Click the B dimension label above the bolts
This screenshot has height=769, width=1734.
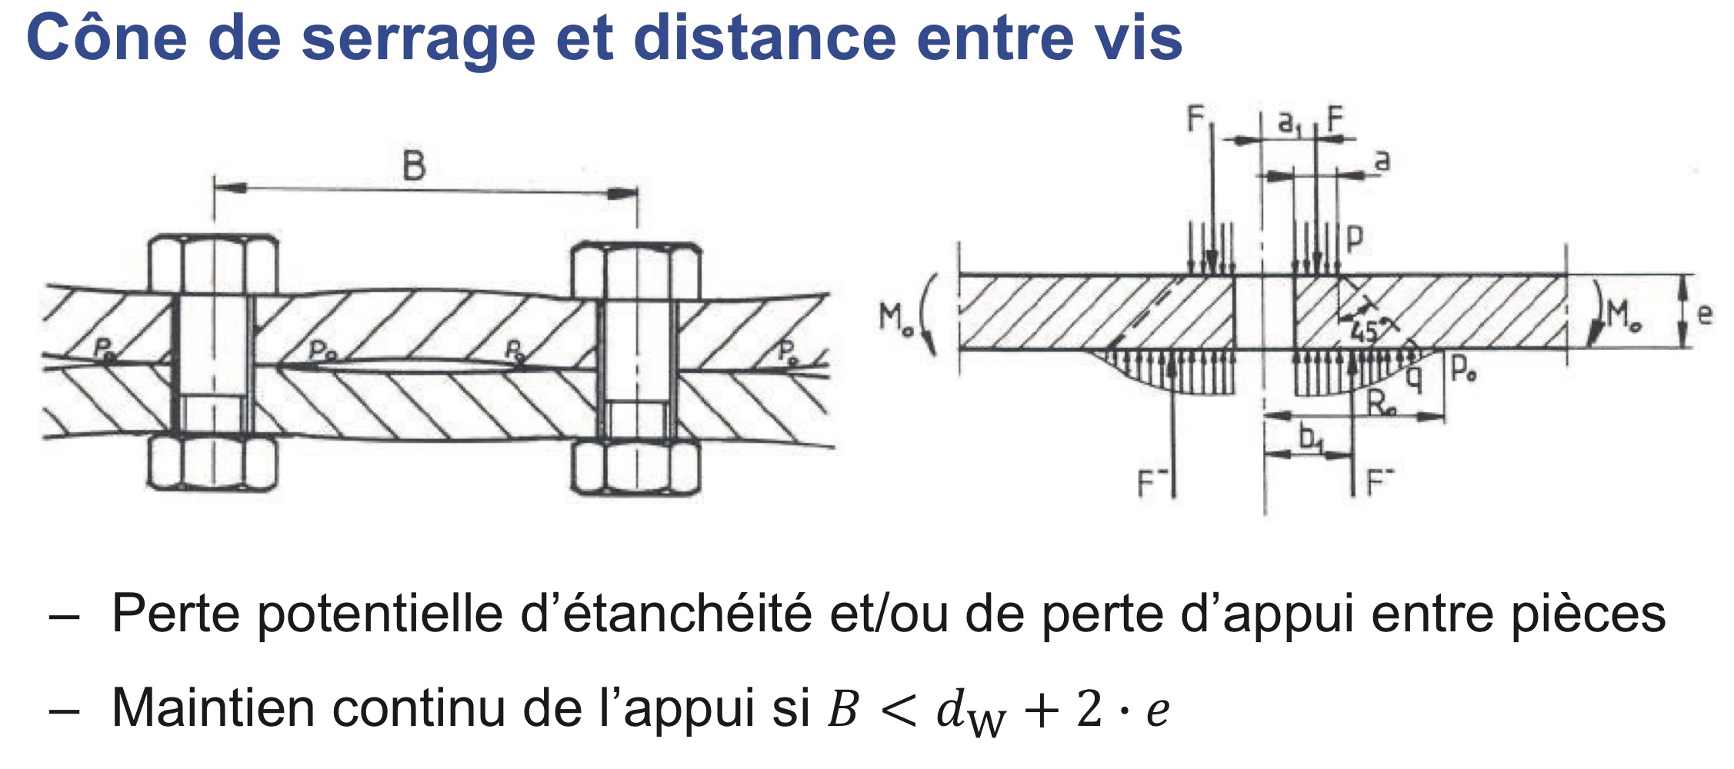coord(414,165)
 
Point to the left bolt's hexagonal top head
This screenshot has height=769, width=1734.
coord(212,264)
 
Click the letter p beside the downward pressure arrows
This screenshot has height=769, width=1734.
coord(1355,239)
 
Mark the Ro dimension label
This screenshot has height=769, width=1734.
coord(1382,402)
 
